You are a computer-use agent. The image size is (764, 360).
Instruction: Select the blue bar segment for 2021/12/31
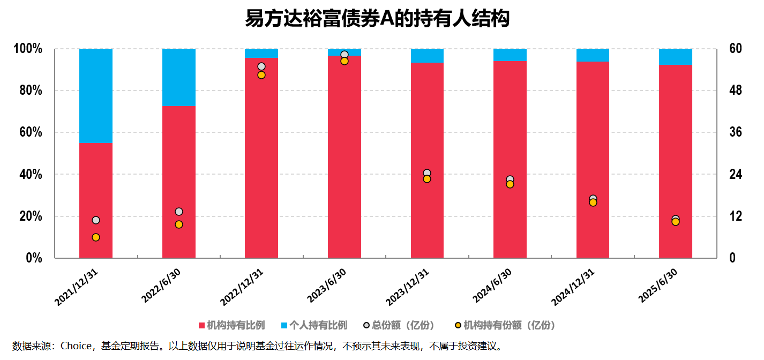[96, 95]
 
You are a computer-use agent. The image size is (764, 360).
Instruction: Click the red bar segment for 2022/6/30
[179, 182]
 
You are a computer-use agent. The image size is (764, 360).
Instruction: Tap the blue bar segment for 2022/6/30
[179, 77]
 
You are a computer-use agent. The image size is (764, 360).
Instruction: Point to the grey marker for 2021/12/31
[96, 220]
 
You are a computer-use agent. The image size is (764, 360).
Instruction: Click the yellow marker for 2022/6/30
[179, 224]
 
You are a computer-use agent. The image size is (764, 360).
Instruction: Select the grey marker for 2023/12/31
[427, 172]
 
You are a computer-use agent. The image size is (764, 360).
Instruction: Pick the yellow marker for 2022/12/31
[261, 75]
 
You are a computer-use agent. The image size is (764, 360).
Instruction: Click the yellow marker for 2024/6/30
[510, 184]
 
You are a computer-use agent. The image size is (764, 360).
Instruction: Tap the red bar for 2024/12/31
[593, 161]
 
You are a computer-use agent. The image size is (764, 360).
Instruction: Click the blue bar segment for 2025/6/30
[676, 57]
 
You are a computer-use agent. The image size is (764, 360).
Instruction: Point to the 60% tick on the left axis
[28, 132]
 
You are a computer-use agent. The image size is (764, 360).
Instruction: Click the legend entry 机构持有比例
[231, 325]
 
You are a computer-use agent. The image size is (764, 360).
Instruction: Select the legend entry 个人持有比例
[314, 325]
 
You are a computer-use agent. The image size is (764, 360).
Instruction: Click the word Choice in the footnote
[76, 346]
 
